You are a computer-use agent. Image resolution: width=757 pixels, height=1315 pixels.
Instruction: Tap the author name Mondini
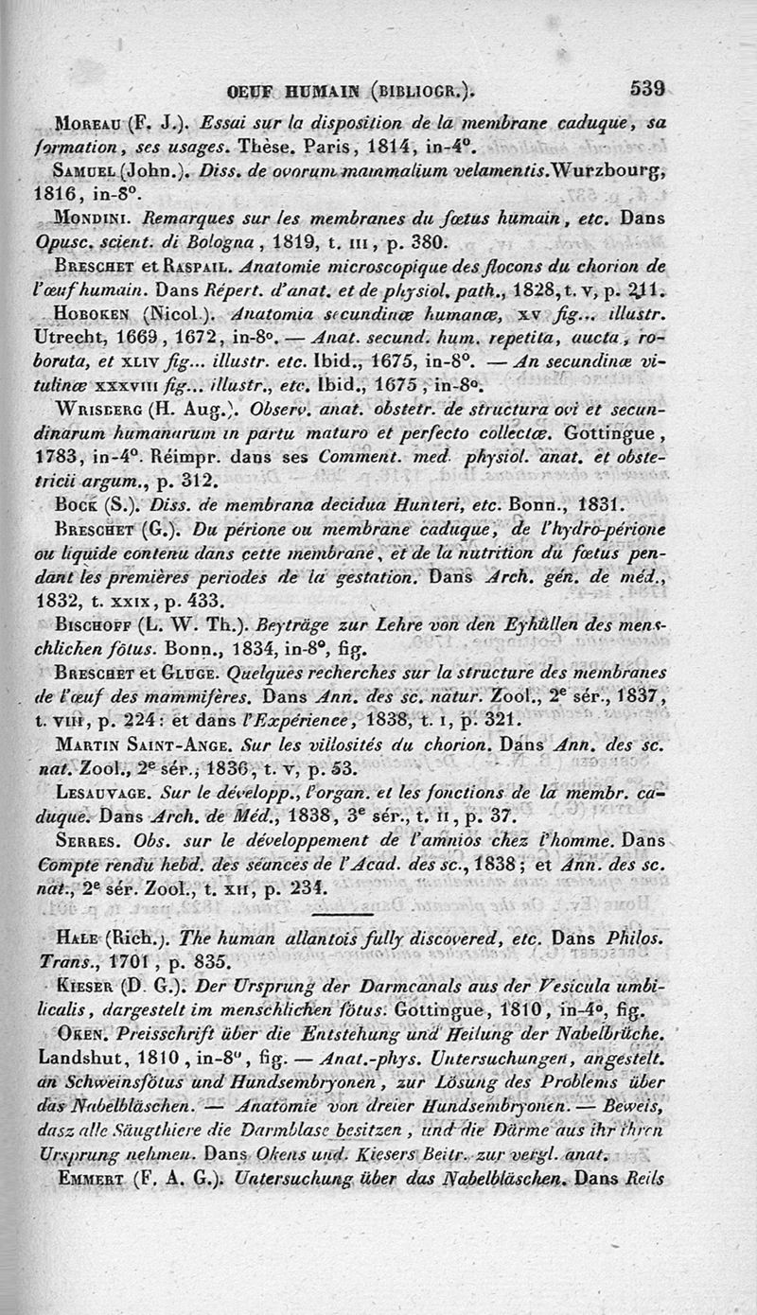pyautogui.click(x=96, y=217)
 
